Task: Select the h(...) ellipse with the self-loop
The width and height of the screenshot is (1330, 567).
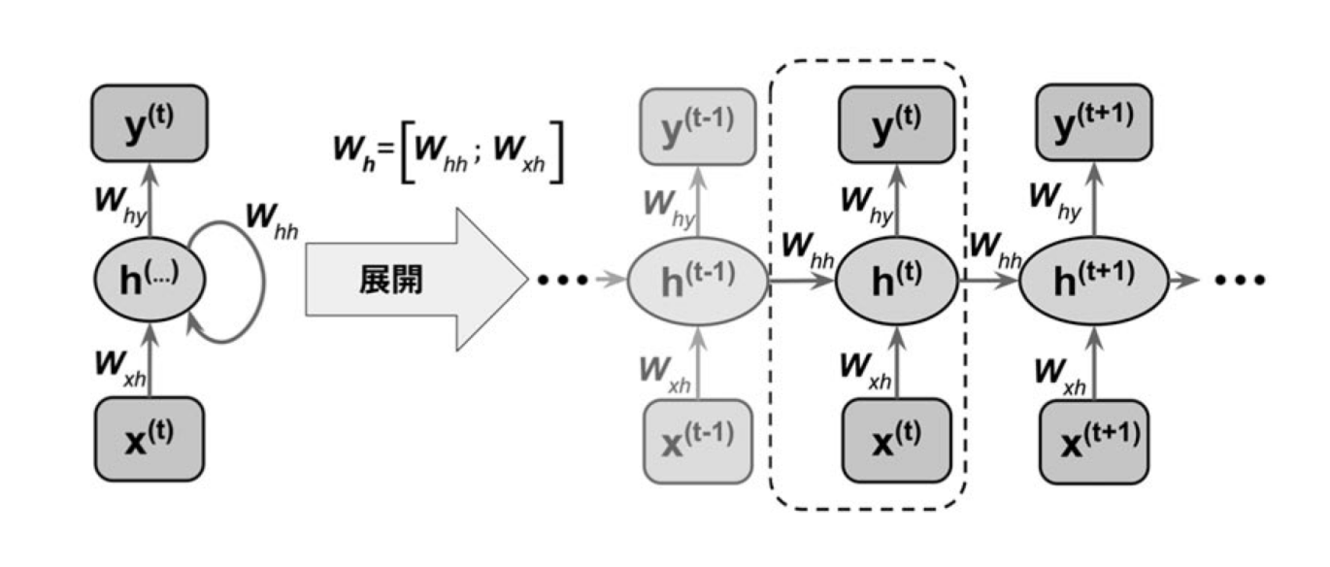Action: pyautogui.click(x=150, y=280)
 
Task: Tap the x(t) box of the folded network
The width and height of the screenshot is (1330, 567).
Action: pyautogui.click(x=150, y=437)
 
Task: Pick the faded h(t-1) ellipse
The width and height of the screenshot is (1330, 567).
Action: pyautogui.click(x=697, y=281)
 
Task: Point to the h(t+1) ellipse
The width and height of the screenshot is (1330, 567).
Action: pyautogui.click(x=1091, y=281)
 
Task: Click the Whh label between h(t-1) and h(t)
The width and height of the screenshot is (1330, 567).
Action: pyautogui.click(x=803, y=246)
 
